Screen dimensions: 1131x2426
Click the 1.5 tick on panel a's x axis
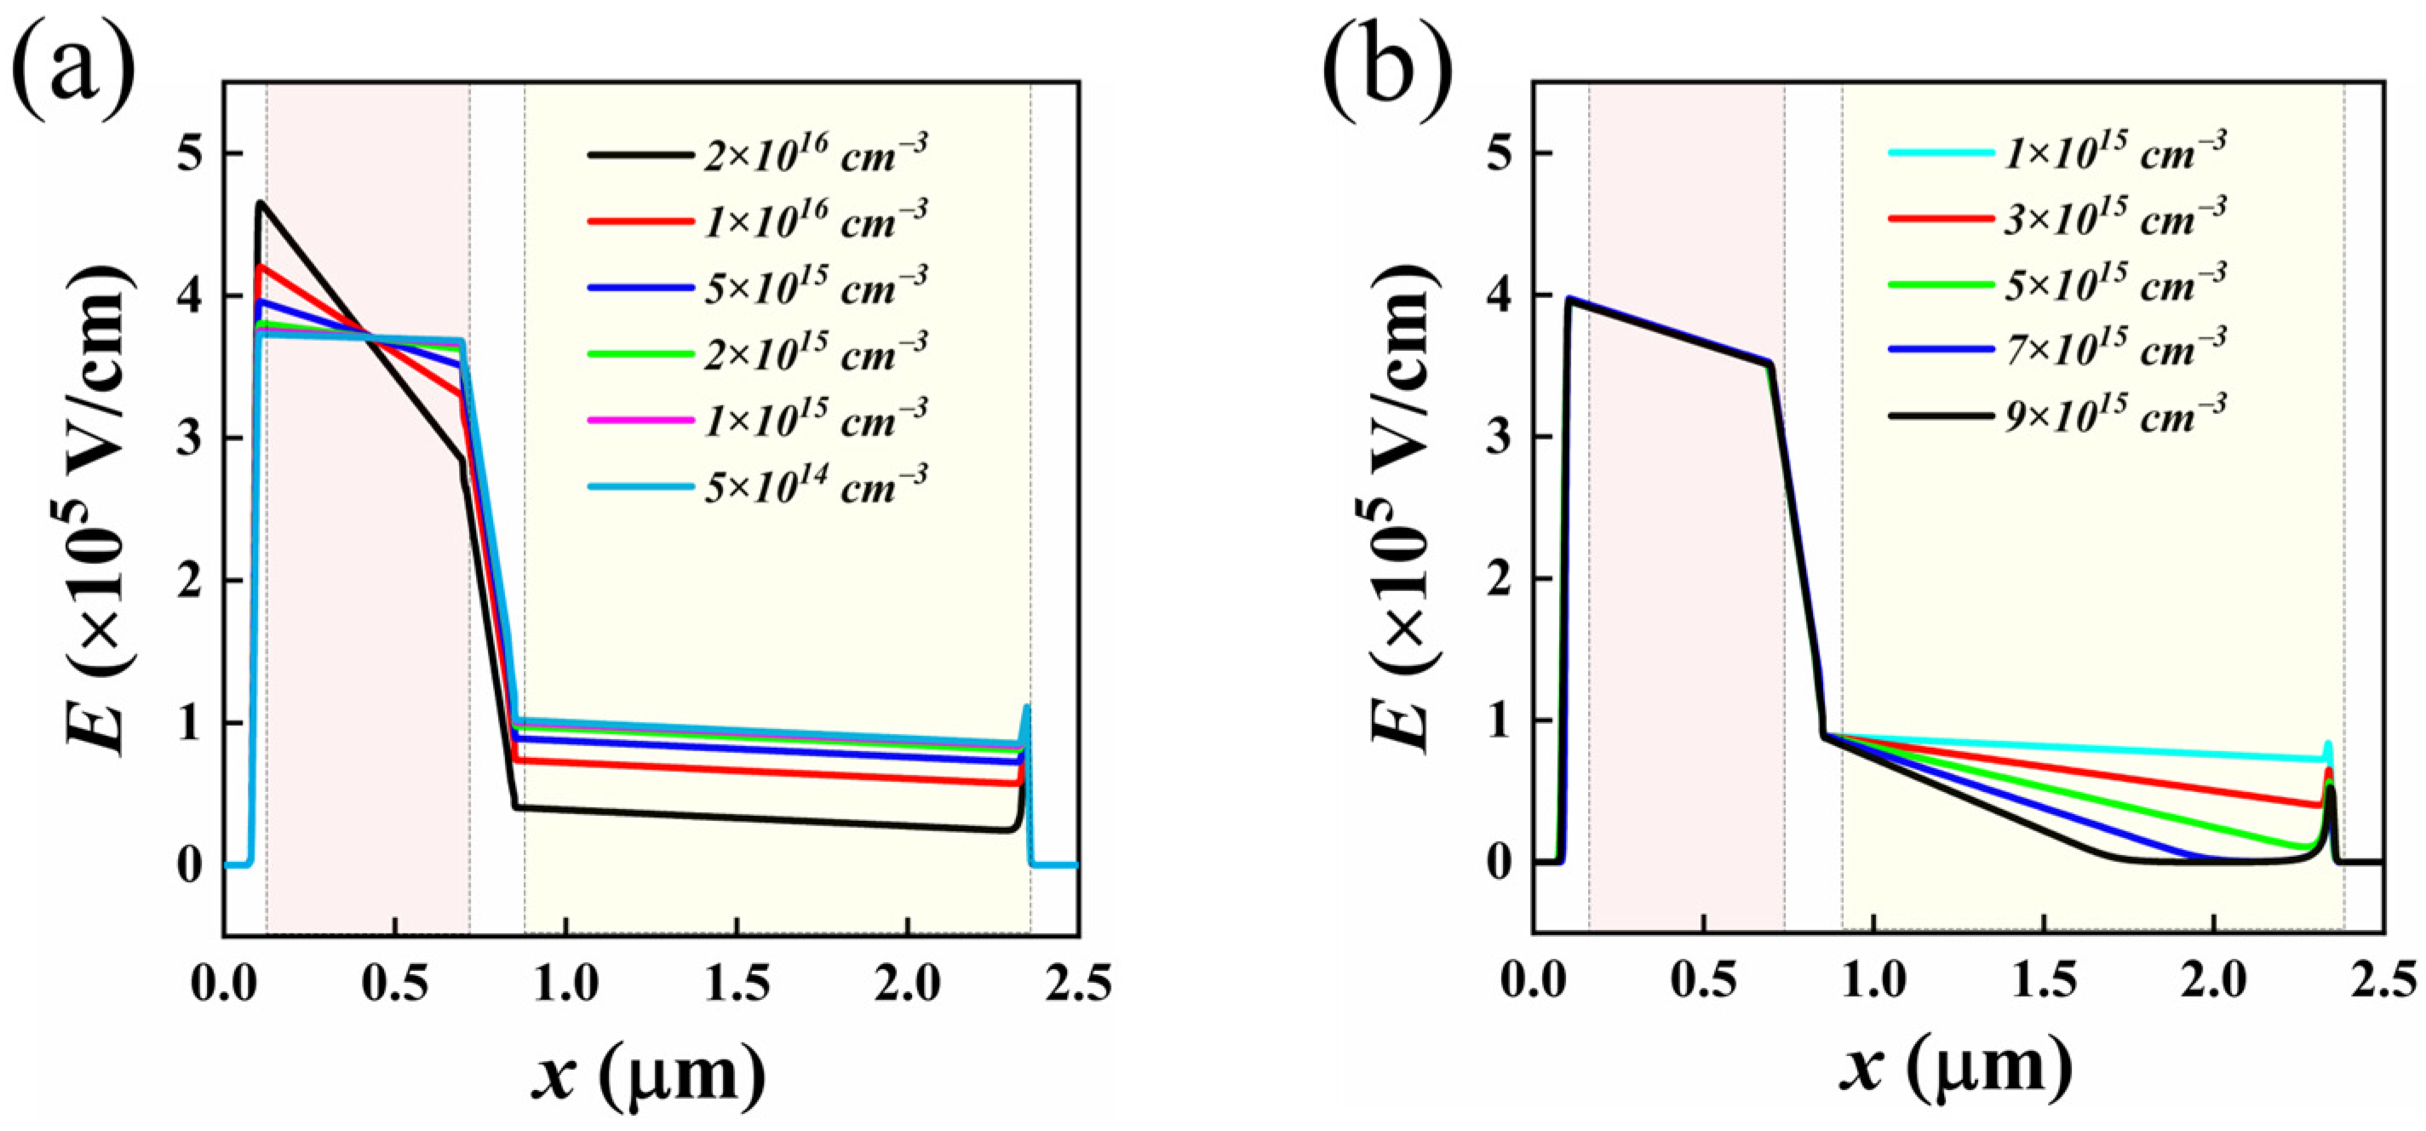(x=737, y=983)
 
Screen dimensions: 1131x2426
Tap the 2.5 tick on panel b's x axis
(x=2383, y=983)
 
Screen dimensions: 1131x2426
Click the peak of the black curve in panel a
(x=261, y=203)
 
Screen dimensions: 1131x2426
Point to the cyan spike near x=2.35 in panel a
(x=1027, y=709)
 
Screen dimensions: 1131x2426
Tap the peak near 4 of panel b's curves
(x=1569, y=300)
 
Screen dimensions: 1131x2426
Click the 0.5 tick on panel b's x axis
(x=1705, y=983)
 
